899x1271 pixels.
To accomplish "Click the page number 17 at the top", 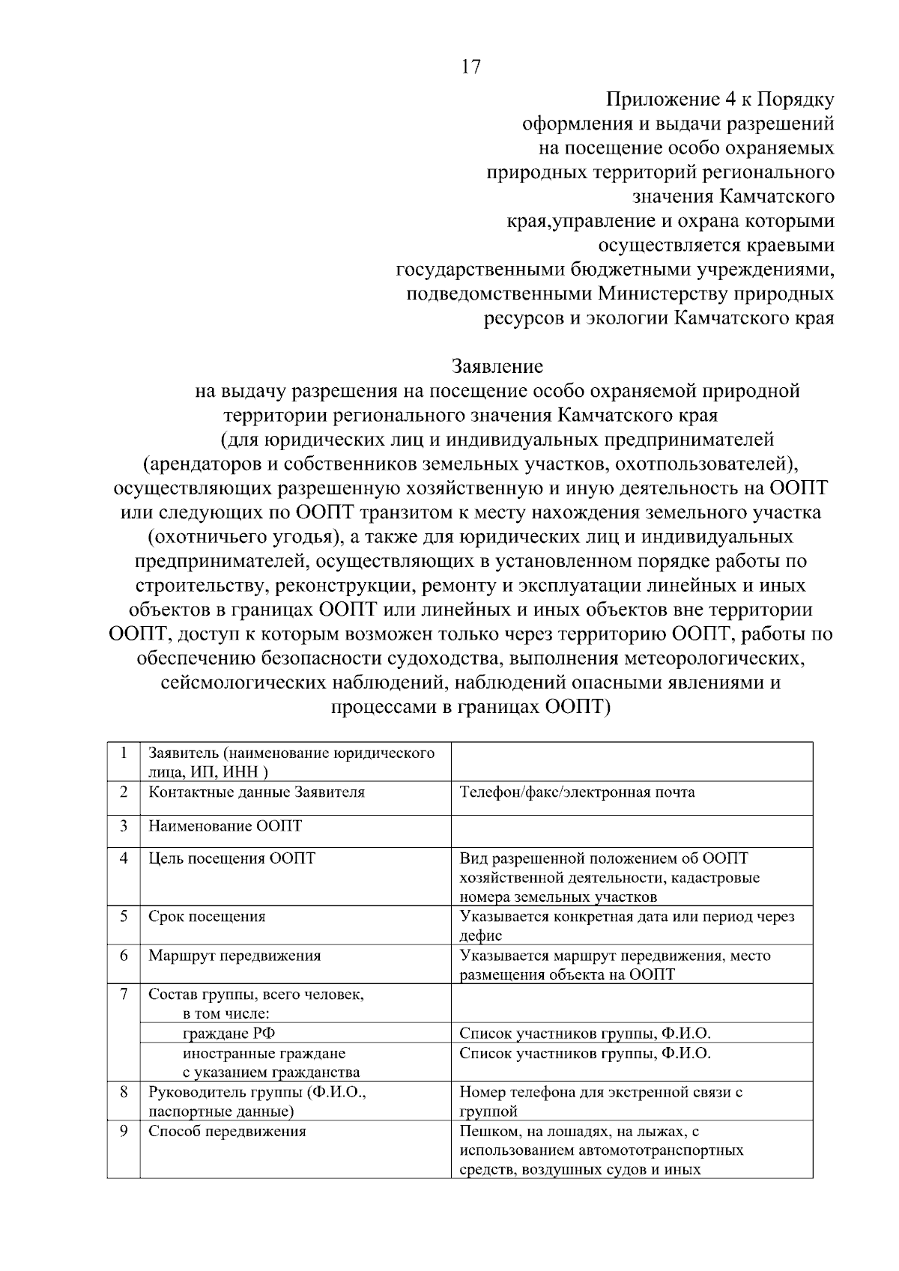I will coord(471,67).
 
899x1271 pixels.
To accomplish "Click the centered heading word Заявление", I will coord(497,367).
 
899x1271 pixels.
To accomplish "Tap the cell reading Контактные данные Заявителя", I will coord(257,792).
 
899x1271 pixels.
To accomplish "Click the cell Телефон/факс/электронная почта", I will coord(577,792).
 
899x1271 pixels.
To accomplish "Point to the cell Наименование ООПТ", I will coord(225,826).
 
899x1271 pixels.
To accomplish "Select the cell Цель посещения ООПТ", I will coord(232,858).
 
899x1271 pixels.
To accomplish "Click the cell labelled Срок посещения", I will coord(207,916).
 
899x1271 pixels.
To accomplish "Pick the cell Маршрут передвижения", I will coord(234,956).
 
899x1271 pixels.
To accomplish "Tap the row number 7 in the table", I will coord(123,995).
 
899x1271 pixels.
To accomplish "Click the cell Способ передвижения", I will coord(227,1131).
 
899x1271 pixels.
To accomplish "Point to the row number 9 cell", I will coord(123,1131).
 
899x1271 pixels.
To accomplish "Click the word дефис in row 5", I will coord(480,935).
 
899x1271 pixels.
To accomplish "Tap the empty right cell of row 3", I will coord(632,831).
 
